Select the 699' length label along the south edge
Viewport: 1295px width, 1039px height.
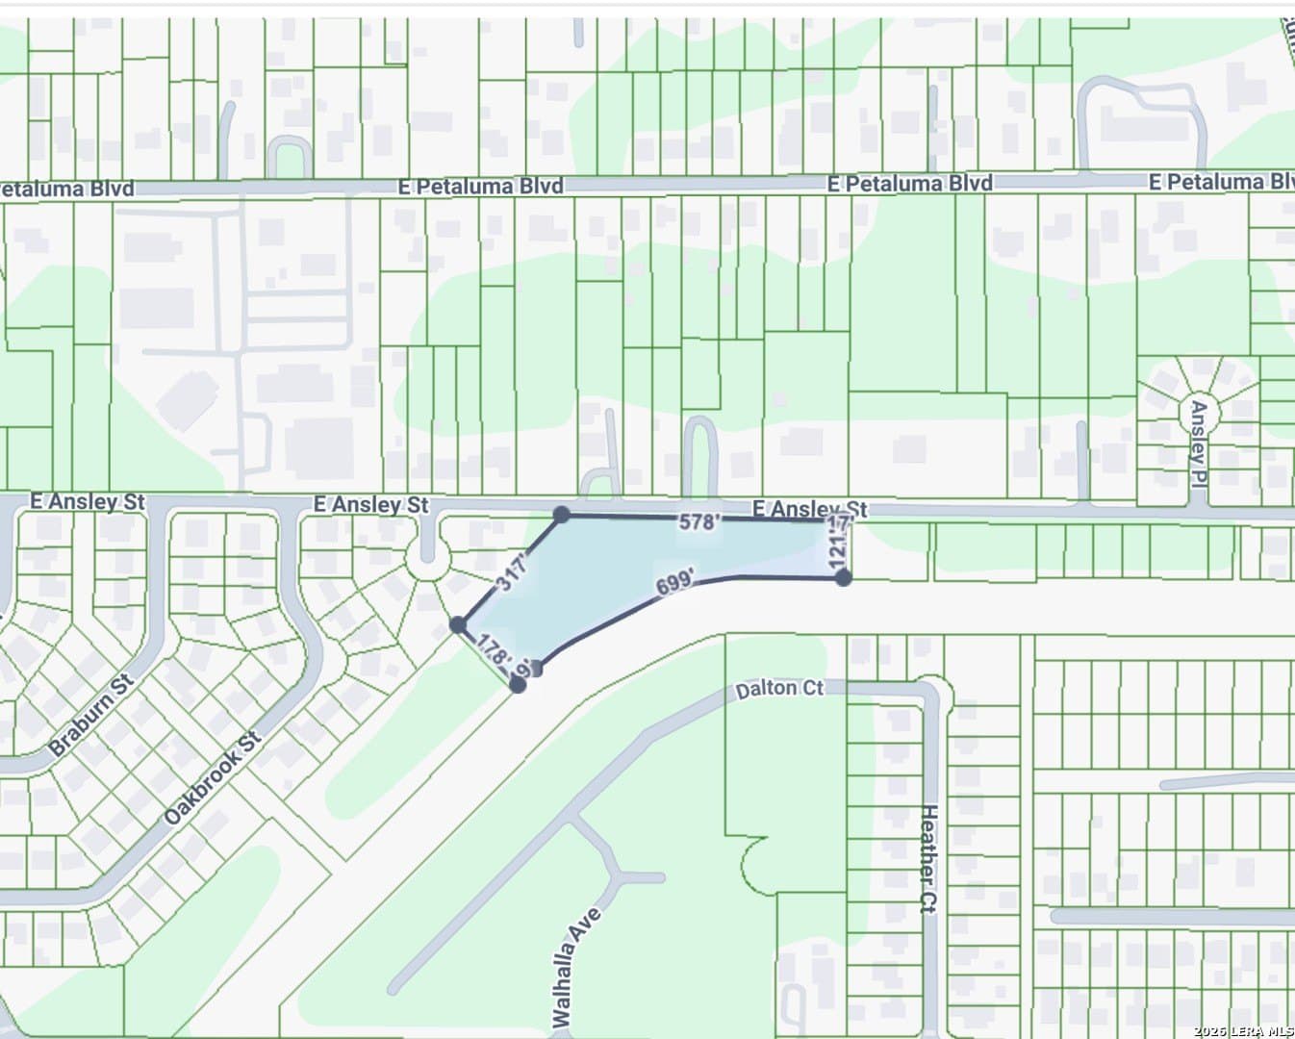coord(675,583)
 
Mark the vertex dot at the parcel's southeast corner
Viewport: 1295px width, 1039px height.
coord(843,577)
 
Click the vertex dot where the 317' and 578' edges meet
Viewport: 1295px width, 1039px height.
coord(562,515)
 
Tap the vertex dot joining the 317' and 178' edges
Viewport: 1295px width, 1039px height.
coord(459,625)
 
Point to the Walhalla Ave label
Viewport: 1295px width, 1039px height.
coord(576,966)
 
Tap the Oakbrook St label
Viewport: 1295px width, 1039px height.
coord(213,778)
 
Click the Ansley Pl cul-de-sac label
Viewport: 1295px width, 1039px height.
coord(1199,434)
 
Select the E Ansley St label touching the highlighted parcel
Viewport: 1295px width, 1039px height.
coord(809,508)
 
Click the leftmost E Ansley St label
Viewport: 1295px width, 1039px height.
coord(88,501)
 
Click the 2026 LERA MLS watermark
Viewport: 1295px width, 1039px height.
coord(1243,1031)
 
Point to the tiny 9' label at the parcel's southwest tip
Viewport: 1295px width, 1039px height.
coord(525,667)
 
